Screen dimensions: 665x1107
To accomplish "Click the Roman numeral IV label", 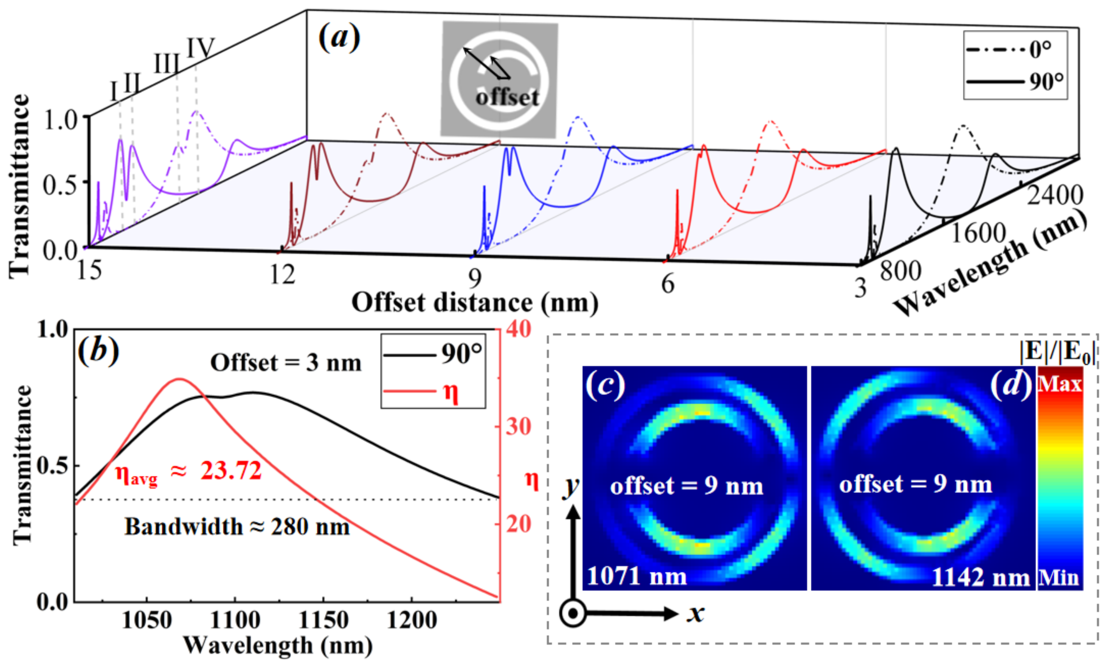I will click(200, 48).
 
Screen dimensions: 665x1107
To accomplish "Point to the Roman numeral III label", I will click(167, 64).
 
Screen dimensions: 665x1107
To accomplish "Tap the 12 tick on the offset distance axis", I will click(282, 274).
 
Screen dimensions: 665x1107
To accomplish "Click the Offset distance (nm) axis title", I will click(475, 303).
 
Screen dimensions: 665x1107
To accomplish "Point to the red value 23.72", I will click(231, 471).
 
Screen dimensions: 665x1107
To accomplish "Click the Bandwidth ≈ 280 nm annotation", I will click(237, 527).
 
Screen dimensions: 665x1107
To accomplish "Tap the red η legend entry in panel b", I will click(433, 392).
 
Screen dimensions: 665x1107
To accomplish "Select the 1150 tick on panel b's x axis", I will click(323, 620).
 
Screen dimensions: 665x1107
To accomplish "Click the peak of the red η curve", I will click(179, 379).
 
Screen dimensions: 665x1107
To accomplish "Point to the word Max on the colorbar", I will click(1059, 384).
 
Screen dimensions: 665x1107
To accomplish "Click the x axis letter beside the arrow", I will click(696, 613).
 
